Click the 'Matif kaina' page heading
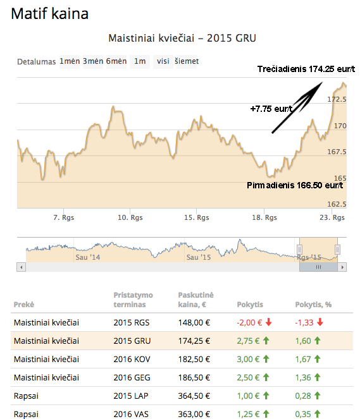pos(50,14)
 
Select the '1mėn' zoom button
pos(70,61)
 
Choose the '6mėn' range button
pos(116,61)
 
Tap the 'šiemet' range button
pos(187,61)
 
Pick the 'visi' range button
pos(163,61)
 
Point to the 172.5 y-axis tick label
pos(337,99)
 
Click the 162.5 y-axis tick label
pos(337,204)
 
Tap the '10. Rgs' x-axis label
pos(130,217)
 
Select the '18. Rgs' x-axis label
pos(264,217)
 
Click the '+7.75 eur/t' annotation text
pos(271,109)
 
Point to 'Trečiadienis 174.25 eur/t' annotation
pos(306,70)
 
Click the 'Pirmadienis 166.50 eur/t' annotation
pos(295,185)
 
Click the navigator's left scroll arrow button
pos(21,267)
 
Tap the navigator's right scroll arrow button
pos(342,267)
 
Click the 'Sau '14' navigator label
pos(88,257)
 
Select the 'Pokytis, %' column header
pos(313,305)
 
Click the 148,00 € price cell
pos(194,322)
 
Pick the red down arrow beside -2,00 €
pos(269,322)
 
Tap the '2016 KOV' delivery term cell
pos(132,359)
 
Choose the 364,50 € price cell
pos(194,396)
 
